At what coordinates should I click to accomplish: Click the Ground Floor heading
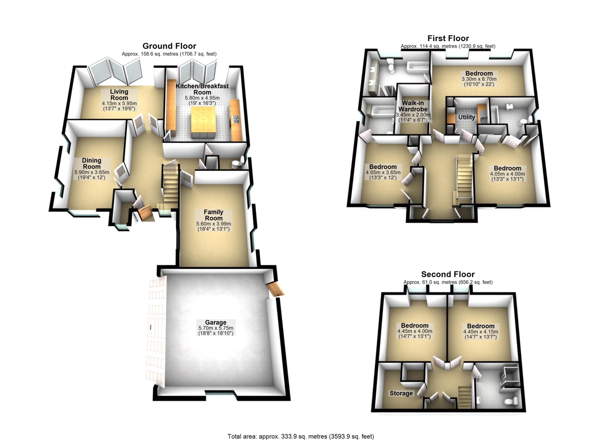click(x=169, y=46)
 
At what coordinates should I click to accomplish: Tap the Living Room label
click(x=119, y=95)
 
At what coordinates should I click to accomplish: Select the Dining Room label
click(x=92, y=163)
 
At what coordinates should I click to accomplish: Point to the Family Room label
click(x=214, y=215)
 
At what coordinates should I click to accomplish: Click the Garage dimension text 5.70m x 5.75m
click(x=216, y=328)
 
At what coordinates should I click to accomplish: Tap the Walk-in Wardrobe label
click(x=413, y=106)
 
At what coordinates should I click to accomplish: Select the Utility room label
click(x=466, y=117)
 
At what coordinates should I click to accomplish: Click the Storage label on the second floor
click(x=401, y=393)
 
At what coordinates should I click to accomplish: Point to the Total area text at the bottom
click(x=300, y=429)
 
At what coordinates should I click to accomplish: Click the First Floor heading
click(x=448, y=38)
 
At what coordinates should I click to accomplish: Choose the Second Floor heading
click(x=448, y=274)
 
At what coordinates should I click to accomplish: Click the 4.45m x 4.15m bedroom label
click(x=481, y=332)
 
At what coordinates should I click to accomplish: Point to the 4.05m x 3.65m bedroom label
click(x=383, y=172)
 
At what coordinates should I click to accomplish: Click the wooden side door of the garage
click(x=275, y=290)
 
